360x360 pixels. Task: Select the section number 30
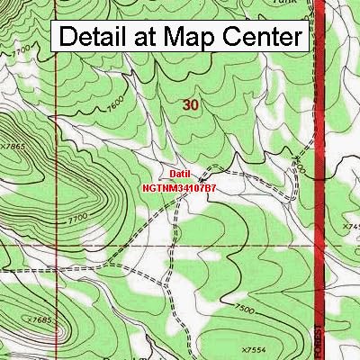pyautogui.click(x=190, y=105)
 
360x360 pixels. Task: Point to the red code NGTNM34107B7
pyautogui.click(x=178, y=189)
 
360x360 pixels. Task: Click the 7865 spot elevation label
pyautogui.click(x=13, y=143)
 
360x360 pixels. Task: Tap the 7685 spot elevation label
pyautogui.click(x=39, y=320)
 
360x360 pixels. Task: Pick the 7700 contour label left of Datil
pyautogui.click(x=78, y=219)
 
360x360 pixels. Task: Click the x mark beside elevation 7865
pyautogui.click(x=2, y=144)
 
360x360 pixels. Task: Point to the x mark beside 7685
pyautogui.click(x=28, y=320)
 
